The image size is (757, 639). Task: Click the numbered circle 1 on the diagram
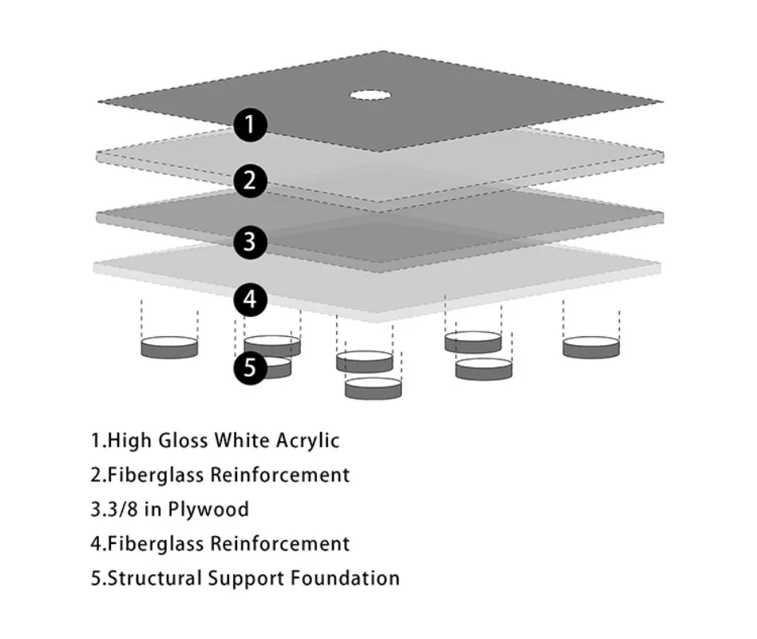click(250, 125)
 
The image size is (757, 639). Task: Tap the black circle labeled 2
click(250, 181)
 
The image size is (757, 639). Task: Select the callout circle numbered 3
click(250, 240)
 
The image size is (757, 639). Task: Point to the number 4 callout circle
click(250, 300)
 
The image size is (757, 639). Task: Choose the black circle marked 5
click(250, 368)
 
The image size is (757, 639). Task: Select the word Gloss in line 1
click(174, 440)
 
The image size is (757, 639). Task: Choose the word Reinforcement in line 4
click(279, 544)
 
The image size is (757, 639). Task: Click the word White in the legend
click(236, 440)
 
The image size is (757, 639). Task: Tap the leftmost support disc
click(169, 347)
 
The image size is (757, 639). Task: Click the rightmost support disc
click(591, 347)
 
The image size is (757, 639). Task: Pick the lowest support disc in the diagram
click(373, 388)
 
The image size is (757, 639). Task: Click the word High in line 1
click(124, 440)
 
